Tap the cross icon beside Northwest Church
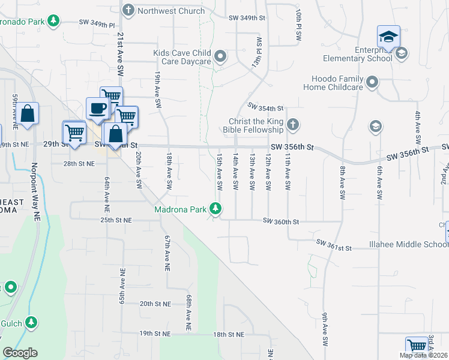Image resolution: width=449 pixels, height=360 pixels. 128,10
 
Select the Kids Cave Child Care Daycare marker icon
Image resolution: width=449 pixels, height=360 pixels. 220,57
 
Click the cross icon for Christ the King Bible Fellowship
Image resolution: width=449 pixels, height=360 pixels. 292,125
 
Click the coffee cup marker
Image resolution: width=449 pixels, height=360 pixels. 98,109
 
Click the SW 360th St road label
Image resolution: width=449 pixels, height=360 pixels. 281,222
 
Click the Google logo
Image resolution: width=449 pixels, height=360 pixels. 20,353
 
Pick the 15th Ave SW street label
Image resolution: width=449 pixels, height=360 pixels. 220,173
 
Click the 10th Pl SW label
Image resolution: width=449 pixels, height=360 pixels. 298,25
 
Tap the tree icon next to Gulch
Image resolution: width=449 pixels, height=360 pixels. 31,323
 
